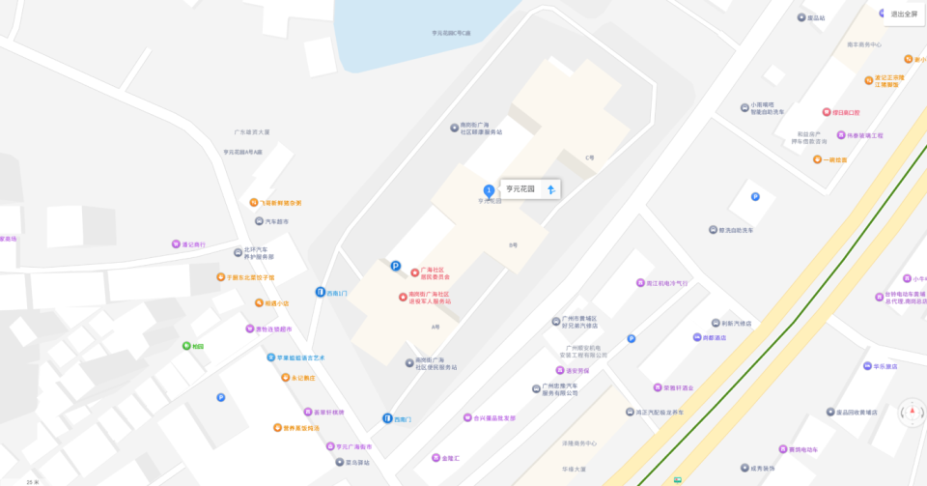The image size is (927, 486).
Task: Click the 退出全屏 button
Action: pos(904,14)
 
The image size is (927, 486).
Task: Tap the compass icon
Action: pos(911,413)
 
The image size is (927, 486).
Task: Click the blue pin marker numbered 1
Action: pos(489,189)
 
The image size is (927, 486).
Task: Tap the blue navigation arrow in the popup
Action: pos(550,189)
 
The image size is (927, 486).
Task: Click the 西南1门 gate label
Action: pos(337,292)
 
